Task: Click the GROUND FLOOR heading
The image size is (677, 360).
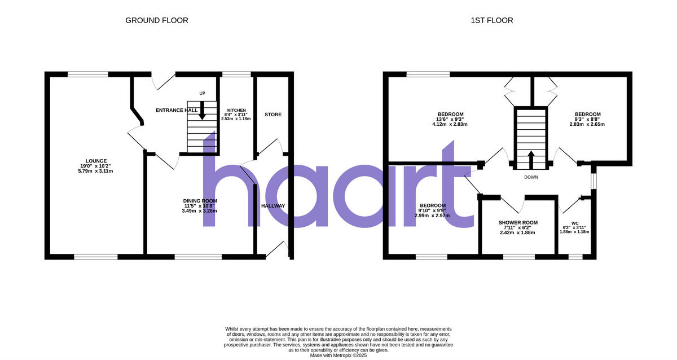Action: coord(156,20)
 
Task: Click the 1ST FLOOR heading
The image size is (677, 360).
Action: coord(492,20)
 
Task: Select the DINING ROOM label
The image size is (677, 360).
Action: coord(200,201)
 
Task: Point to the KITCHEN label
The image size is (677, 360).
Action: coord(236,110)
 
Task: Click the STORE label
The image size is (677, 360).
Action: coord(273,115)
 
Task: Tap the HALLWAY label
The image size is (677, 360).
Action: coord(273,206)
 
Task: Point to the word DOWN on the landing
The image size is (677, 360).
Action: coord(530,177)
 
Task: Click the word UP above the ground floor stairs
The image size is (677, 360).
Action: coord(202,93)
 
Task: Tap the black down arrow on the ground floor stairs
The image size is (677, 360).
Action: coord(202,112)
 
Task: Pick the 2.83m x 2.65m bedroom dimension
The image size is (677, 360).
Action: coord(588,124)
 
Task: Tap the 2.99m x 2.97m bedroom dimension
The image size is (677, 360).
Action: coord(433,216)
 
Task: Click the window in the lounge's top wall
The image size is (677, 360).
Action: coord(88,73)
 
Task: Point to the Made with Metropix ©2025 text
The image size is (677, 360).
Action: coord(338,355)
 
